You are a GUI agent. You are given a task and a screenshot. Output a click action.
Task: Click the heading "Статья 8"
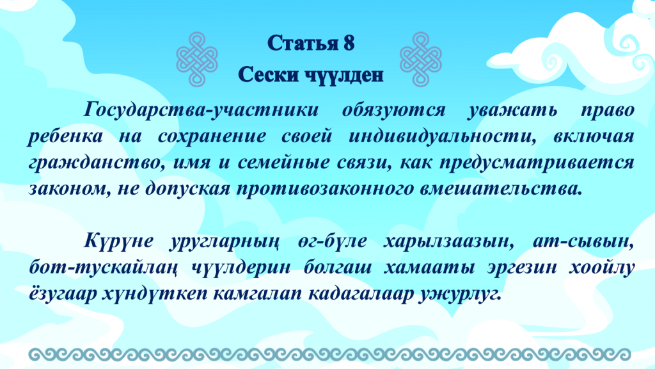pyautogui.click(x=311, y=43)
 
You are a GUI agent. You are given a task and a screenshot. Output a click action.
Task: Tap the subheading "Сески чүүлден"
pyautogui.click(x=311, y=75)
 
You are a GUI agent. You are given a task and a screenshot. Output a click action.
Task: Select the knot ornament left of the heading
pyautogui.click(x=197, y=59)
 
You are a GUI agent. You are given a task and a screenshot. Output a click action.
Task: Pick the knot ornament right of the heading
pyautogui.click(x=421, y=59)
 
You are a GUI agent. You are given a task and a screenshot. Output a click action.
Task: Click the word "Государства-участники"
pyautogui.click(x=201, y=110)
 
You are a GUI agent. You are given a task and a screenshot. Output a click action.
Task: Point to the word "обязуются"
pyautogui.click(x=394, y=110)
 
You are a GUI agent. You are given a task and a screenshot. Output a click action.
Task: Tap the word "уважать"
pyautogui.click(x=512, y=110)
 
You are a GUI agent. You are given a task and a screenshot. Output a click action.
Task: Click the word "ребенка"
pyautogui.click(x=65, y=136)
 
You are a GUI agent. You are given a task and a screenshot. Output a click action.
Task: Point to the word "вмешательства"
pyautogui.click(x=501, y=189)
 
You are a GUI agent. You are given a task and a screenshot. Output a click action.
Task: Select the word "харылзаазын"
pyautogui.click(x=448, y=242)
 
